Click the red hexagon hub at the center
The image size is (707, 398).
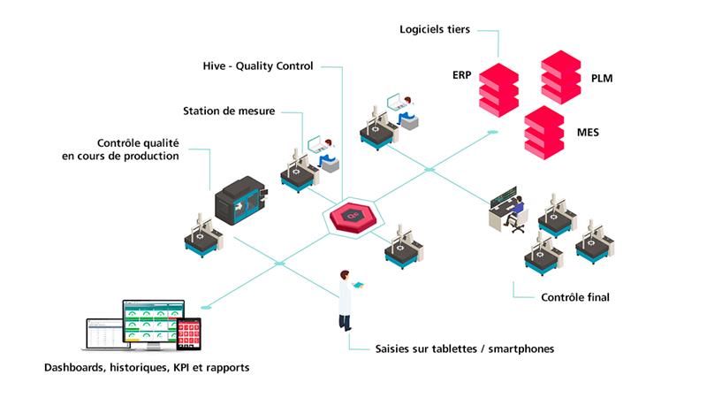pyautogui.click(x=353, y=218)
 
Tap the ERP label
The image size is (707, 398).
pyautogui.click(x=461, y=75)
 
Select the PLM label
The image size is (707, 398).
pyautogui.click(x=602, y=79)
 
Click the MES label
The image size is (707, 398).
pyautogui.click(x=588, y=132)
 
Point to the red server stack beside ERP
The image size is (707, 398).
pyautogui.click(x=498, y=90)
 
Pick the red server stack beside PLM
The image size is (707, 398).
pyautogui.click(x=561, y=77)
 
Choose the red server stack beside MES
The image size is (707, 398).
pyautogui.click(x=544, y=133)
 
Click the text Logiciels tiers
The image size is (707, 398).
pyautogui.click(x=435, y=30)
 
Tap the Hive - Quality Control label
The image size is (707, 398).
pyautogui.click(x=258, y=66)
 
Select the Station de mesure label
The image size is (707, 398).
pyautogui.click(x=229, y=111)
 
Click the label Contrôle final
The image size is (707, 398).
pyautogui.click(x=575, y=297)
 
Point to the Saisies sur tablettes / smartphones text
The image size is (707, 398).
pyautogui.click(x=465, y=348)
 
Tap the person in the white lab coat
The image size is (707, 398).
pyautogui.click(x=346, y=301)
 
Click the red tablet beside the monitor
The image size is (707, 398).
pyautogui.click(x=188, y=334)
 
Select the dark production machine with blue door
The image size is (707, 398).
pyautogui.click(x=240, y=201)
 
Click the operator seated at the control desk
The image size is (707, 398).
pyautogui.click(x=515, y=213)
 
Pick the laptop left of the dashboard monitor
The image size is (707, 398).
pyautogui.click(x=105, y=334)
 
